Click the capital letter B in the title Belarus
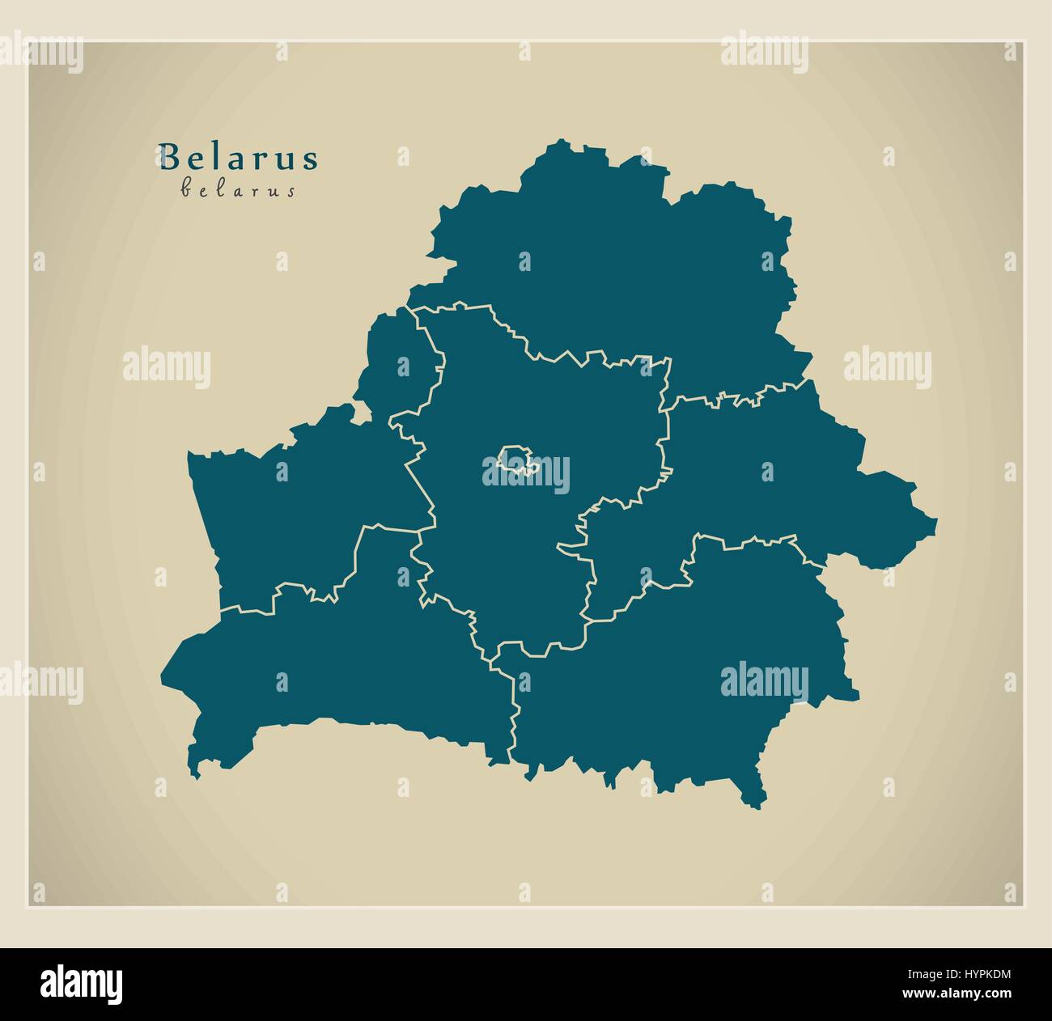coord(168,157)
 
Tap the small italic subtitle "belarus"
coord(237,191)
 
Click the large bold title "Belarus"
coord(239,157)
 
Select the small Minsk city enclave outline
coord(515,460)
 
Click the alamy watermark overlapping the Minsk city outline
coord(526,474)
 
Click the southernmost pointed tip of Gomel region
coord(757,807)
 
